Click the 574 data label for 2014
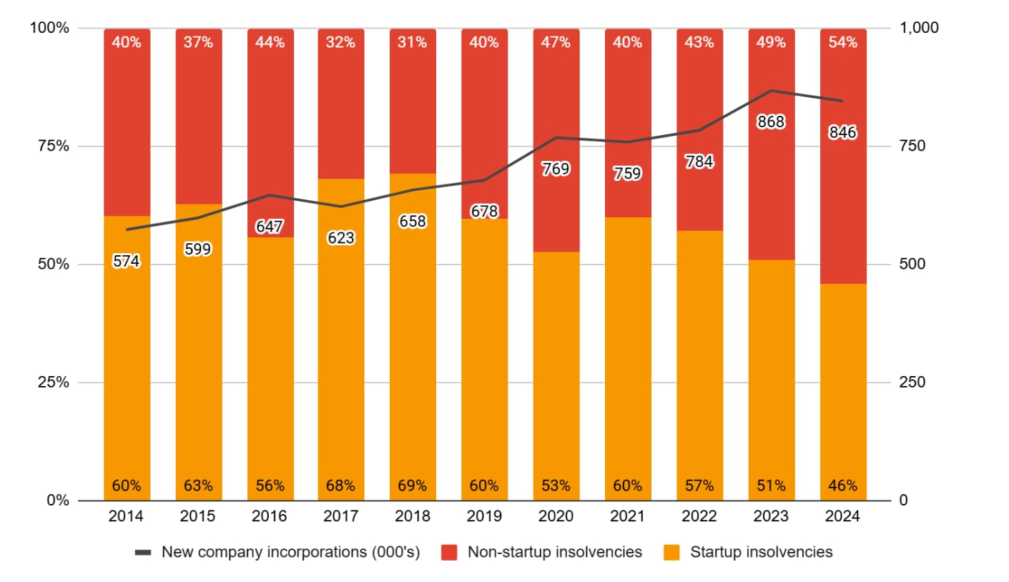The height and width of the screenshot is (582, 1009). pos(127,262)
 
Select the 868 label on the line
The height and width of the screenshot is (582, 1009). pos(771,122)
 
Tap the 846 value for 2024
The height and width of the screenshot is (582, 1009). pos(842,132)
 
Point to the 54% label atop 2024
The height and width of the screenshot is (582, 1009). pos(842,42)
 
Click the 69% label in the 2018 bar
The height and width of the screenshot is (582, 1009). pos(413,486)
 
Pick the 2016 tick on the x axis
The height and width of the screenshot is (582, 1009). pos(270,516)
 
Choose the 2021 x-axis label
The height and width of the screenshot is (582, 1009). pos(628,516)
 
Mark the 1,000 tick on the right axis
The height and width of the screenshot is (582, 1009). pos(918,28)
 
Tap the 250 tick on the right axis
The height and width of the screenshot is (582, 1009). pos(912,383)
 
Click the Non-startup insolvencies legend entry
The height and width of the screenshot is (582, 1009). pos(554,552)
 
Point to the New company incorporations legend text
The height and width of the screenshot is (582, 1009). pos(290,552)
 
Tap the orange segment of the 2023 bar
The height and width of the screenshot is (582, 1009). pos(771,379)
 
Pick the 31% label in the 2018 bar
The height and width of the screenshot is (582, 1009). pos(413,42)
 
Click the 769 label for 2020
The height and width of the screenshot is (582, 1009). pos(556,169)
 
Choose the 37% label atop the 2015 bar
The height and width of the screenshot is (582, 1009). pos(198,42)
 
